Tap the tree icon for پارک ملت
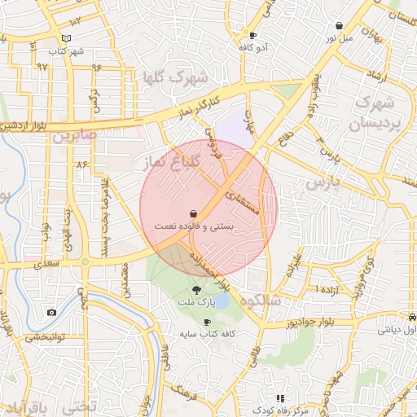(x=196, y=289)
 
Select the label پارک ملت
(x=196, y=302)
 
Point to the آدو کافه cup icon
(x=252, y=35)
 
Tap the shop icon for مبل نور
(x=339, y=26)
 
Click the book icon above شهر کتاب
(x=67, y=38)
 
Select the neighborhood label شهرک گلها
(x=175, y=77)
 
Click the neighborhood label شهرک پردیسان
(x=376, y=113)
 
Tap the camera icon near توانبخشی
(x=52, y=313)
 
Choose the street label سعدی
(x=49, y=265)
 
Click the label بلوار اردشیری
(x=23, y=127)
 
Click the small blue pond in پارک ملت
(x=220, y=301)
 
